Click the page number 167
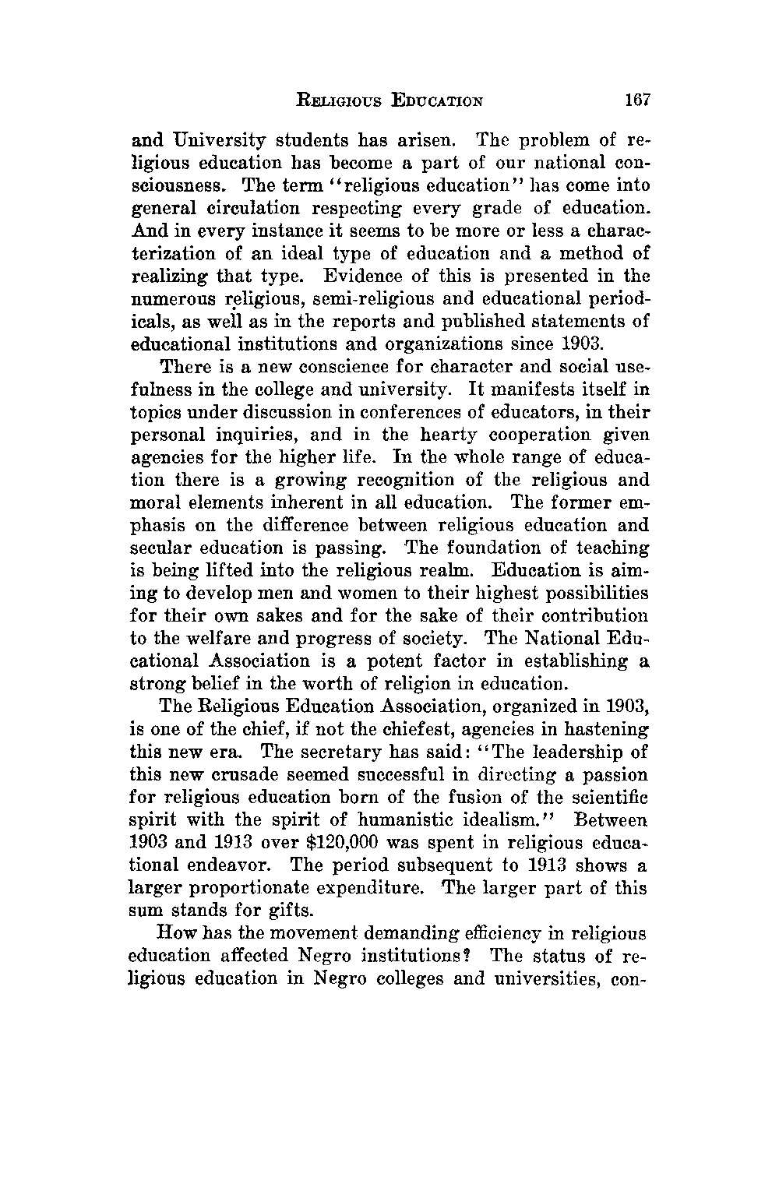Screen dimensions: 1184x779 tap(636, 100)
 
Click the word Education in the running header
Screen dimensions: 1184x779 tap(438, 100)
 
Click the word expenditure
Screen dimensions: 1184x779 tap(379, 888)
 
